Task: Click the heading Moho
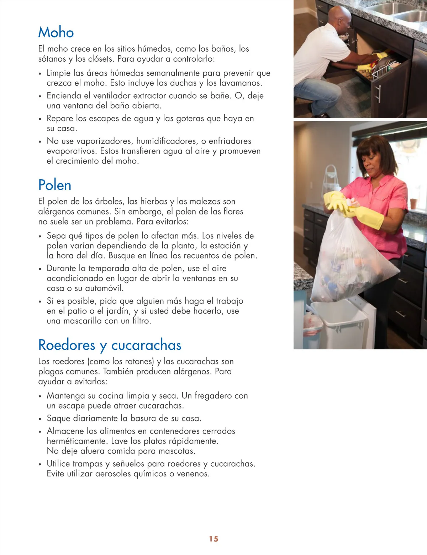pyautogui.click(x=56, y=32)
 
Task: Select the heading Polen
pyautogui.click(x=55, y=185)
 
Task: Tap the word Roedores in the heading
pyautogui.click(x=67, y=345)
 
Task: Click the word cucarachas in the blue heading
pyautogui.click(x=146, y=345)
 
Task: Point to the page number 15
pyautogui.click(x=213, y=539)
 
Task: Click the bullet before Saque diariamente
pyautogui.click(x=40, y=419)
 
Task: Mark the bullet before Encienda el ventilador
pyautogui.click(x=40, y=96)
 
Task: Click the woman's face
pyautogui.click(x=375, y=162)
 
